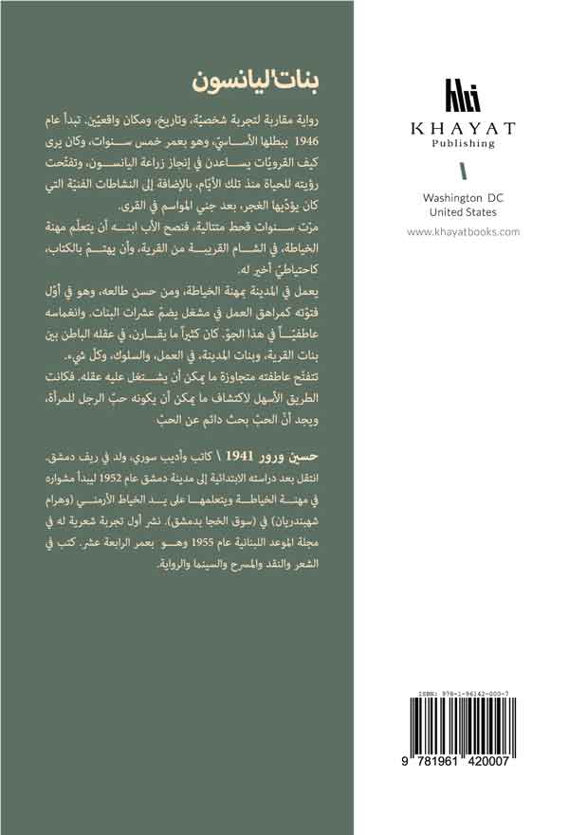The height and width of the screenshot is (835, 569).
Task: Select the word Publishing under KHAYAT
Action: tap(462, 144)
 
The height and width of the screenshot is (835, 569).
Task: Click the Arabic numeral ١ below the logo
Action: tap(462, 172)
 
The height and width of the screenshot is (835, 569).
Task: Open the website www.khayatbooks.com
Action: tap(463, 231)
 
